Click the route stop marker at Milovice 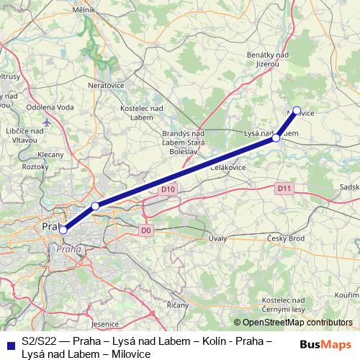tap(296, 112)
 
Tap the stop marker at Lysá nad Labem tap(276, 137)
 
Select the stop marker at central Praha tap(63, 230)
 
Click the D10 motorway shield tap(168, 189)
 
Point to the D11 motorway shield tap(284, 188)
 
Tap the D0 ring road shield tap(146, 230)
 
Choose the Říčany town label tap(177, 305)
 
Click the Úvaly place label tap(217, 238)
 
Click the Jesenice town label tap(104, 325)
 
